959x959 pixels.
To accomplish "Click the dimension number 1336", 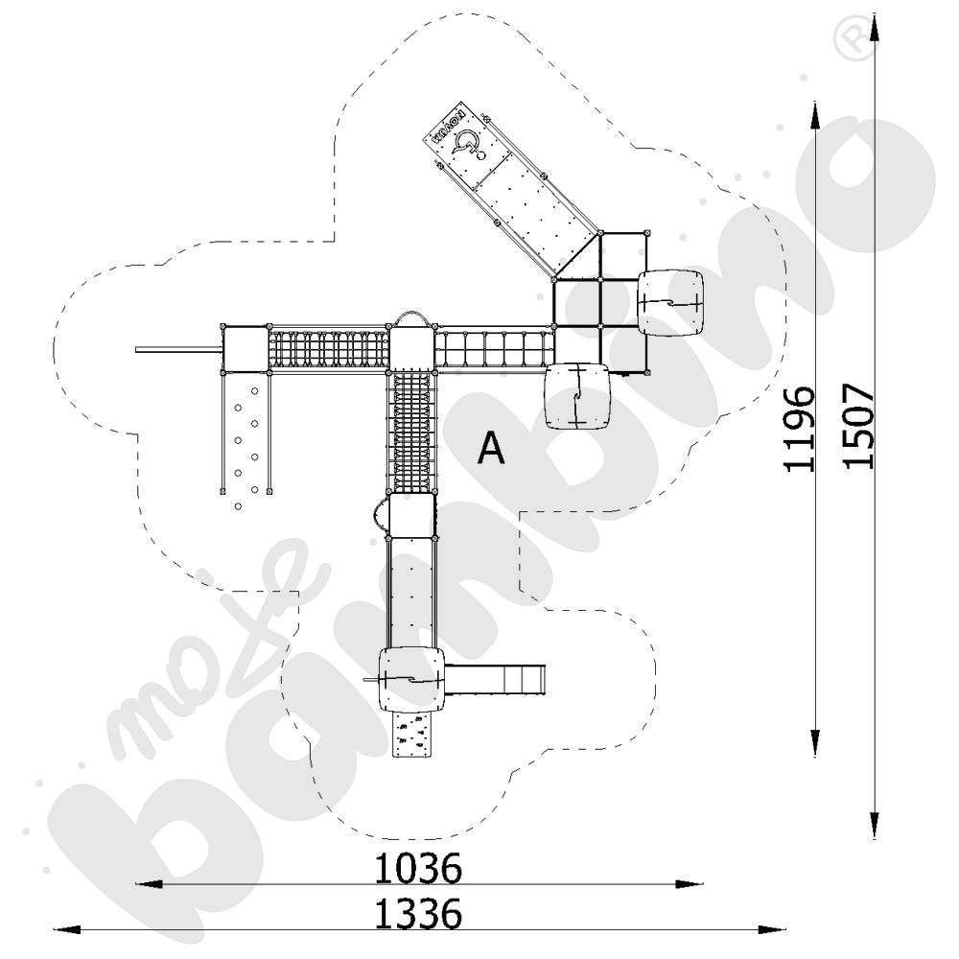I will [x=418, y=913].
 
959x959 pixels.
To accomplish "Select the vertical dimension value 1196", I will [x=800, y=429].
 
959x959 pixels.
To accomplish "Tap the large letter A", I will [x=491, y=448].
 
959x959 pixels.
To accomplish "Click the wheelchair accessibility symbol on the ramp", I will [x=468, y=145].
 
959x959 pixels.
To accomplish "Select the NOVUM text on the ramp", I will [x=448, y=128].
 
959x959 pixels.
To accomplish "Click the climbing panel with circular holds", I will [x=246, y=433].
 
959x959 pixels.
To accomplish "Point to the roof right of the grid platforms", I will [x=672, y=302].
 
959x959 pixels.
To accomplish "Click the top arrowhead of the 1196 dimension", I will [x=814, y=114].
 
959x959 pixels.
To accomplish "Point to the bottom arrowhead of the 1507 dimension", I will [x=875, y=825].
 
